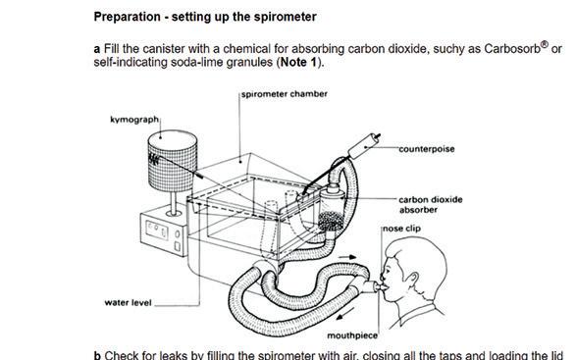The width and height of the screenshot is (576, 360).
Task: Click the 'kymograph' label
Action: pos(134,120)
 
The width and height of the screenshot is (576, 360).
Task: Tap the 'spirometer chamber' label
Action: pos(285,94)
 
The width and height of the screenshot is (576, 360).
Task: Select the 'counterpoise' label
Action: pos(427,149)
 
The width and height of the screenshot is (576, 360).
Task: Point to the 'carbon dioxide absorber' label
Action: pos(431,205)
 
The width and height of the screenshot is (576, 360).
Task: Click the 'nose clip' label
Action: pos(401,229)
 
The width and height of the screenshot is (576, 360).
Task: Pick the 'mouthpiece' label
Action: pos(352,335)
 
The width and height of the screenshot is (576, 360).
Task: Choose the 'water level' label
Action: pos(128,303)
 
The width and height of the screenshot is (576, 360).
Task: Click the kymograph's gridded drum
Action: pos(173,161)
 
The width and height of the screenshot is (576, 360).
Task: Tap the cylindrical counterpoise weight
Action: pos(364,146)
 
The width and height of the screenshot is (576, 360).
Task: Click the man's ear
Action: pos(412,282)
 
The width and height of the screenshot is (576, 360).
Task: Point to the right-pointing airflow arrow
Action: pos(347,257)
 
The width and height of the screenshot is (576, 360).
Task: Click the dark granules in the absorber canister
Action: pos(331,221)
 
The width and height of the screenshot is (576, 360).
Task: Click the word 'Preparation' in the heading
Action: pos(128,17)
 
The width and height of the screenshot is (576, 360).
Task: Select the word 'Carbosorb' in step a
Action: pos(512,48)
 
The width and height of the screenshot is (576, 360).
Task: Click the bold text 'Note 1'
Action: pos(298,62)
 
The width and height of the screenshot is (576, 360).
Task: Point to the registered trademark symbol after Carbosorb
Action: pos(545,45)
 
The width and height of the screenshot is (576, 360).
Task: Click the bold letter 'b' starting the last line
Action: pos(97,355)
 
